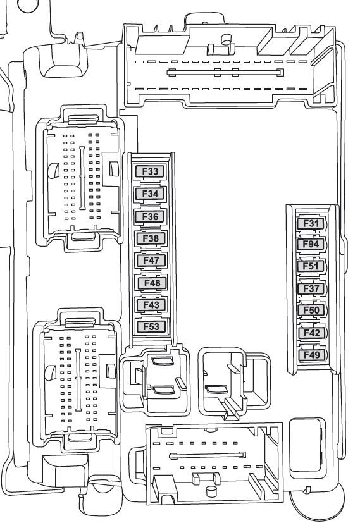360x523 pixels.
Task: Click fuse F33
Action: [150, 171]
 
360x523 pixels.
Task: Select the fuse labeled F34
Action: [150, 194]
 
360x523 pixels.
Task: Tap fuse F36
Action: [150, 216]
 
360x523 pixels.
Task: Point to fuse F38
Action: [151, 238]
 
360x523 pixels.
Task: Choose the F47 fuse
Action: [151, 260]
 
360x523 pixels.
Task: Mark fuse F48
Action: [152, 283]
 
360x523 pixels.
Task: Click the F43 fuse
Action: [151, 305]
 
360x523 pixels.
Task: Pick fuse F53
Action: [151, 326]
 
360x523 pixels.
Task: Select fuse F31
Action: [311, 223]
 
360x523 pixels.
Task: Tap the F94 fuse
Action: [311, 244]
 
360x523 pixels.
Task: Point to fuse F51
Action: [311, 266]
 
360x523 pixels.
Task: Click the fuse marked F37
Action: [311, 288]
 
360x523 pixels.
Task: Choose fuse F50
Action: [311, 311]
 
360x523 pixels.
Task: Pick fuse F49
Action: [312, 355]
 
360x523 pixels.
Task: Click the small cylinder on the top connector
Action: [227, 39]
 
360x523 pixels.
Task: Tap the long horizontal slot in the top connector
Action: [225, 72]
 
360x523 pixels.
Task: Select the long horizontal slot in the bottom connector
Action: [208, 455]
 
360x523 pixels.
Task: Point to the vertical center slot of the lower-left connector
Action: [78, 380]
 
